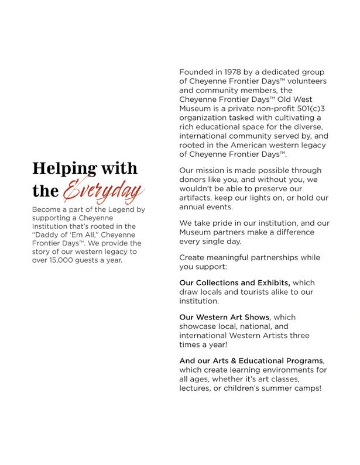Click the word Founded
pyautogui.click(x=197, y=72)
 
